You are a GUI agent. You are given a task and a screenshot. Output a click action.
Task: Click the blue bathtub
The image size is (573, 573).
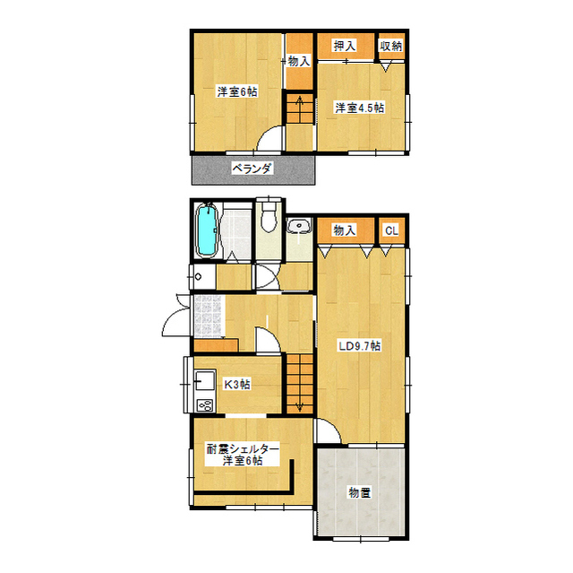point(207,231)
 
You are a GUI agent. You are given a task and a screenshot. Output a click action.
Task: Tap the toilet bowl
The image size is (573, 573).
point(269,217)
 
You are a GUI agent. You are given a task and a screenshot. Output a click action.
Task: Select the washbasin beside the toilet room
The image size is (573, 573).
point(299,226)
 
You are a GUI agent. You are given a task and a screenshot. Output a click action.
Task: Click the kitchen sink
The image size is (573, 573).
point(205,380)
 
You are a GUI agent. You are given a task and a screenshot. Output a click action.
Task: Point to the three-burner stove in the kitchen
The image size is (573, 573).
point(205,405)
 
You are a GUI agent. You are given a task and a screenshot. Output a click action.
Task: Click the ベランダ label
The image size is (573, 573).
point(252,169)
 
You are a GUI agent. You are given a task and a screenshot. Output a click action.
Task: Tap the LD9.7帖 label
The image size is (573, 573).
point(360,346)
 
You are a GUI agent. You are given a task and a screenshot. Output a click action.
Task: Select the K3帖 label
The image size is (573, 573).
point(236,385)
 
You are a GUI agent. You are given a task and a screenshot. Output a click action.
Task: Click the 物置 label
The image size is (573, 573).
point(360,492)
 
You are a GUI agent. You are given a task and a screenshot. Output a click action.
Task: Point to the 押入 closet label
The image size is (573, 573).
point(344,46)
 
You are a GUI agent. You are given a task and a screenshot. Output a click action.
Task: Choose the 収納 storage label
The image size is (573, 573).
point(390,46)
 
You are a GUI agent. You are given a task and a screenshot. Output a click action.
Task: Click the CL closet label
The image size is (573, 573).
point(391,230)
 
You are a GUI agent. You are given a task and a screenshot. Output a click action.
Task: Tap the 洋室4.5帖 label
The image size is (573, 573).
point(360,109)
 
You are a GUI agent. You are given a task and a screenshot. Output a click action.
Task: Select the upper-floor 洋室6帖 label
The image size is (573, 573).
point(237,91)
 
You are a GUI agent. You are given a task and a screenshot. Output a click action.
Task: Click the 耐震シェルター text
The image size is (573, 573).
point(243,448)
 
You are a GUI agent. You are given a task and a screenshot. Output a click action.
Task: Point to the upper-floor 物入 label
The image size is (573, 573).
point(299,62)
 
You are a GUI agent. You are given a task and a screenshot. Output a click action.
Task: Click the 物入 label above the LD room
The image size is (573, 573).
point(344,230)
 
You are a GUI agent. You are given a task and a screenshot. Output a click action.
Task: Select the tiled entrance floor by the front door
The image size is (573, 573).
point(209,317)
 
